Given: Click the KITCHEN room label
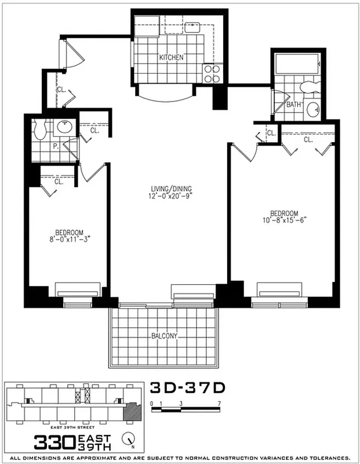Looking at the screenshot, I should coord(172,57).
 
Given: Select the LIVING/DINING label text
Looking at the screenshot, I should coord(172,188).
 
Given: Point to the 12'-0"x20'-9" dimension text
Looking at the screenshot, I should coord(172,196).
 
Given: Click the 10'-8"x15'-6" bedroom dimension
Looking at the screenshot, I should coord(283,220).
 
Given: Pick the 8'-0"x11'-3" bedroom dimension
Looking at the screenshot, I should coord(70,237).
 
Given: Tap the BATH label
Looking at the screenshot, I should coord(293,105).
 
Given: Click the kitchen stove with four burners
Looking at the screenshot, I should coord(212,73).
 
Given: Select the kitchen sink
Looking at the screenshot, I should coord(192,26).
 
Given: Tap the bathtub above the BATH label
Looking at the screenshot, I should coord(296,65).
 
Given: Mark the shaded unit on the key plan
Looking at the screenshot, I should coord(133,413).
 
